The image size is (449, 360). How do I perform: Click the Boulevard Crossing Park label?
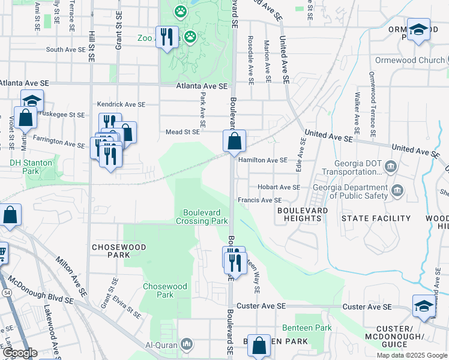pos(202,217)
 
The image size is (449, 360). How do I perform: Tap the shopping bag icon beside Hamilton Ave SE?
pos(234,142)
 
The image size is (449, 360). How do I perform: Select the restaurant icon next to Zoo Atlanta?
pos(166,37)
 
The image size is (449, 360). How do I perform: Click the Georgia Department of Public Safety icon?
pos(397,191)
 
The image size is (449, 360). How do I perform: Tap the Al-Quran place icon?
pos(187,344)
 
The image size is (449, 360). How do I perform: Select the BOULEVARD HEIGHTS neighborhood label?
pos(303,215)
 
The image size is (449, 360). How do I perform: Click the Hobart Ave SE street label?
pos(279,187)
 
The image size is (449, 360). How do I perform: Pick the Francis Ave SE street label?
pos(259,200)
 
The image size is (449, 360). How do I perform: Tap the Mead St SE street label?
pos(182,132)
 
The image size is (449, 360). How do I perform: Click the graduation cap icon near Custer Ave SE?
pos(423,306)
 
